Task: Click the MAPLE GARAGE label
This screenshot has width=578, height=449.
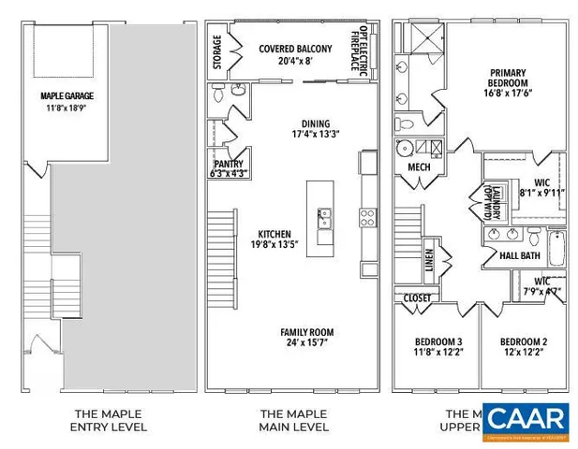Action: (x=67, y=95)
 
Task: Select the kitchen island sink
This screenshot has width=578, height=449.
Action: (x=323, y=221)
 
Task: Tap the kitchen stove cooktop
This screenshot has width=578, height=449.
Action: (x=367, y=218)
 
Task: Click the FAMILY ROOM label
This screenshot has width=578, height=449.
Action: (x=307, y=332)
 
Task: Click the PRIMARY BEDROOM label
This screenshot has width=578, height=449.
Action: (x=506, y=79)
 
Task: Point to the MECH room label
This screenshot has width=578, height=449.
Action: (x=418, y=167)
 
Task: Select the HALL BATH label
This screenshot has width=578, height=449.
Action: (x=519, y=255)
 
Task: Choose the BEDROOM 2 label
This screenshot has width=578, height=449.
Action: (x=522, y=341)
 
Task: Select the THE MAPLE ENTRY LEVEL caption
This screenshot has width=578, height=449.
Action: (x=110, y=420)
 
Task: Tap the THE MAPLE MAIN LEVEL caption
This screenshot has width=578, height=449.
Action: (x=293, y=420)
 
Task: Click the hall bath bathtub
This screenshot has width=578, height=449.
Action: (x=556, y=249)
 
